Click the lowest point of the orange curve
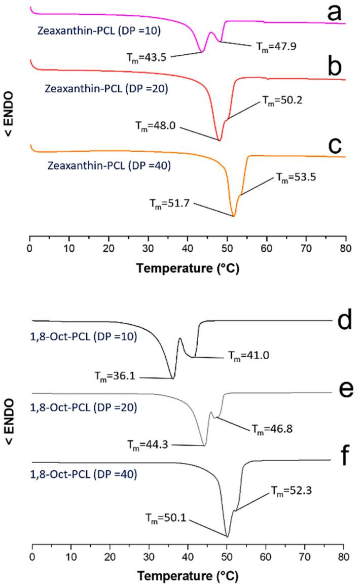coord(234,216)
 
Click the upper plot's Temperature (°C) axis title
coord(187,269)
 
